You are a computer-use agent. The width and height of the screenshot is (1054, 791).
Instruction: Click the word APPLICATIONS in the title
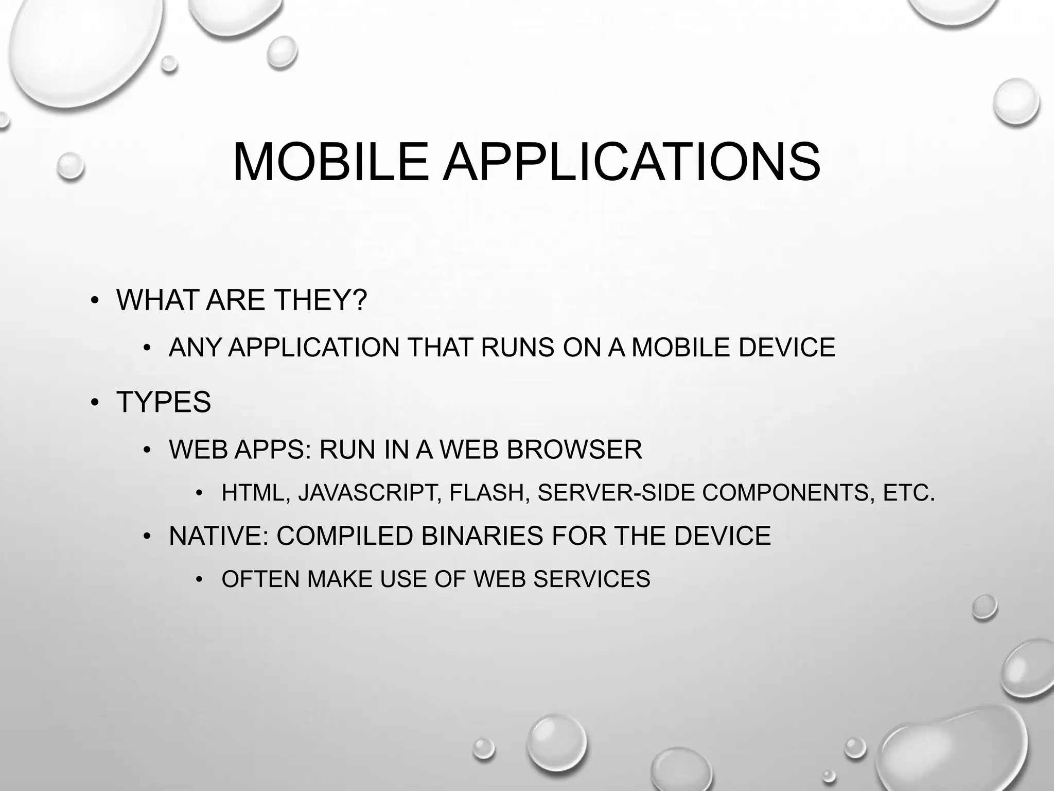[631, 162]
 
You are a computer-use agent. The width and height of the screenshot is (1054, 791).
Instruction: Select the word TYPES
[164, 402]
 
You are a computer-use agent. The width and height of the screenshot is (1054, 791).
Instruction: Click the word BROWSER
[574, 450]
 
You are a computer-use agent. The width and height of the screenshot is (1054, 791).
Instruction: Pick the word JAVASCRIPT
[368, 493]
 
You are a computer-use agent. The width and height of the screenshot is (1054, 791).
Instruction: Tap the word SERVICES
[591, 579]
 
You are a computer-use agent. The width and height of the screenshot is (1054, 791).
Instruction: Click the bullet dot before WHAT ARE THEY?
[94, 300]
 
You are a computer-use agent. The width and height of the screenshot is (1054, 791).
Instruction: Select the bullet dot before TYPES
[94, 402]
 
